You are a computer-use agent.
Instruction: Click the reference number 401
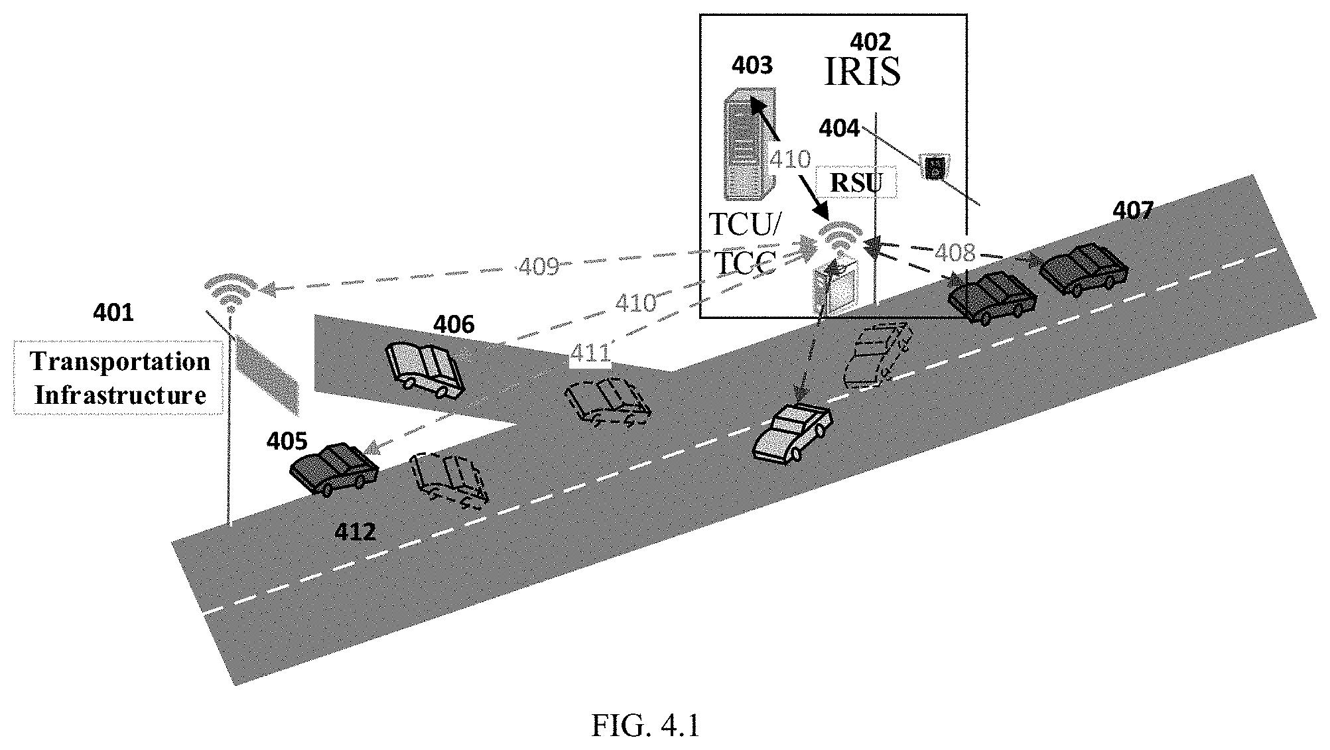113,312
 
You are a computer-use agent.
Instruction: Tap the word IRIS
862,72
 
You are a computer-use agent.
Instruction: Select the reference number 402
870,42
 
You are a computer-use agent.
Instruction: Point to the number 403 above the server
752,65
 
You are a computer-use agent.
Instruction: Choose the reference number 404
839,128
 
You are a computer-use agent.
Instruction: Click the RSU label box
856,182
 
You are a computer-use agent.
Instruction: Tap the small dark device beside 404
935,166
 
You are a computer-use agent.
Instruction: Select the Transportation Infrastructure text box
119,378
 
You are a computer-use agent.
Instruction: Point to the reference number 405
287,441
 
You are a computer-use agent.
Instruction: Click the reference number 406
454,324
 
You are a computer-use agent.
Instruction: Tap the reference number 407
1133,210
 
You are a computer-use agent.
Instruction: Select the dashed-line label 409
538,267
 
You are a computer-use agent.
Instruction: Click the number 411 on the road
590,353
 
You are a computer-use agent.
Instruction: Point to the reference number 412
356,532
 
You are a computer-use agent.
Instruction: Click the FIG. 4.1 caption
645,726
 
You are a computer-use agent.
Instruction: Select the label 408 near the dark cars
955,252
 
